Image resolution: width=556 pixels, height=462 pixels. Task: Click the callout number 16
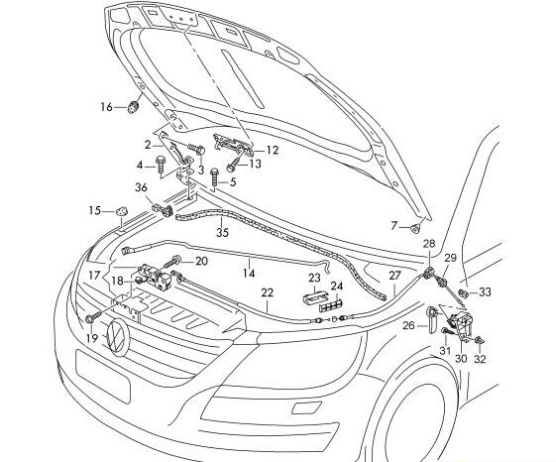[107, 106]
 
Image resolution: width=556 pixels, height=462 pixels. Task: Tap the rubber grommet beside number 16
[133, 105]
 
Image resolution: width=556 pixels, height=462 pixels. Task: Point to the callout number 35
[222, 233]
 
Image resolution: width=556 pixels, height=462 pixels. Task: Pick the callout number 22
[267, 292]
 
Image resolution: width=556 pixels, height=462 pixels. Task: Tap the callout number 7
[393, 226]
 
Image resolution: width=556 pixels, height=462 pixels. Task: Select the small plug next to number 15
[121, 210]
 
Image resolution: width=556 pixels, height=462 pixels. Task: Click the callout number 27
[394, 277]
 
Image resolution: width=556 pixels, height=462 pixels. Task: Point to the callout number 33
[485, 292]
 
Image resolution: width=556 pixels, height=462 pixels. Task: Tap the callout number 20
[201, 262]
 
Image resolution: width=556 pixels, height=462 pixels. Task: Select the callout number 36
[141, 188]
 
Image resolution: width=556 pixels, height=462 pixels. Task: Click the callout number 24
[337, 287]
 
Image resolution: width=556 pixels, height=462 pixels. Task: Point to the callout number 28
[428, 244]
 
